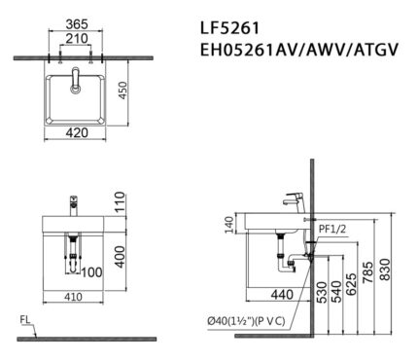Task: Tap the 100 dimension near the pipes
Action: [90, 271]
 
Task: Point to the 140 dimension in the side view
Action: [229, 225]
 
